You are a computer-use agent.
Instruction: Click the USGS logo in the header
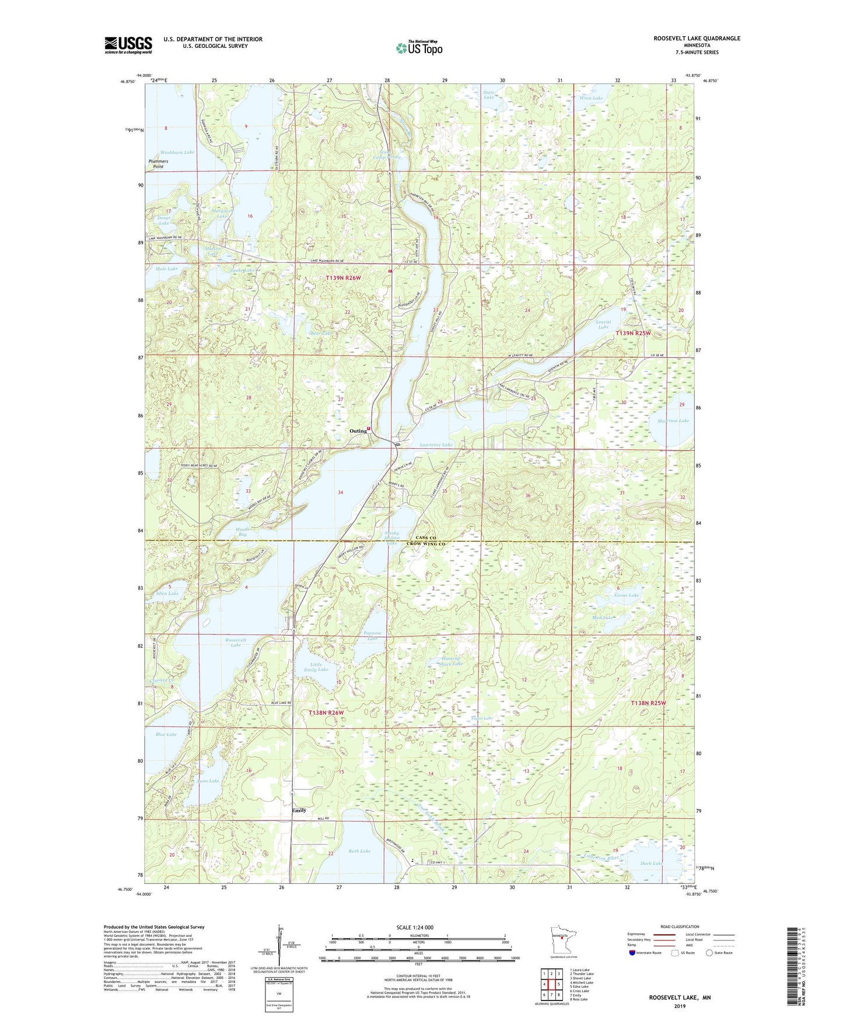128,45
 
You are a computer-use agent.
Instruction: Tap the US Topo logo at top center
419,48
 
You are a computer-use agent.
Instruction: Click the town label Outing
358,431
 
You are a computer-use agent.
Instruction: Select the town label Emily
299,810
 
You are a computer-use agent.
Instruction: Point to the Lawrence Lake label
436,445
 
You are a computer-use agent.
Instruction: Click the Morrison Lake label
673,420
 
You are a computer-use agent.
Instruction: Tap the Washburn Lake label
177,152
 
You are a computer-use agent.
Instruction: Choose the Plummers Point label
158,164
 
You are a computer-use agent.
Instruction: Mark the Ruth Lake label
359,851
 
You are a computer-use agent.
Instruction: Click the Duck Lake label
651,863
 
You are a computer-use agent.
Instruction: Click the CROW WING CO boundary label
426,544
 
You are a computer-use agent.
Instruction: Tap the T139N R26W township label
343,278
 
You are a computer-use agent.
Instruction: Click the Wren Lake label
591,98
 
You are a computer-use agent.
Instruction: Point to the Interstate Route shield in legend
633,953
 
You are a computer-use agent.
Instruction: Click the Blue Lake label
166,735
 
